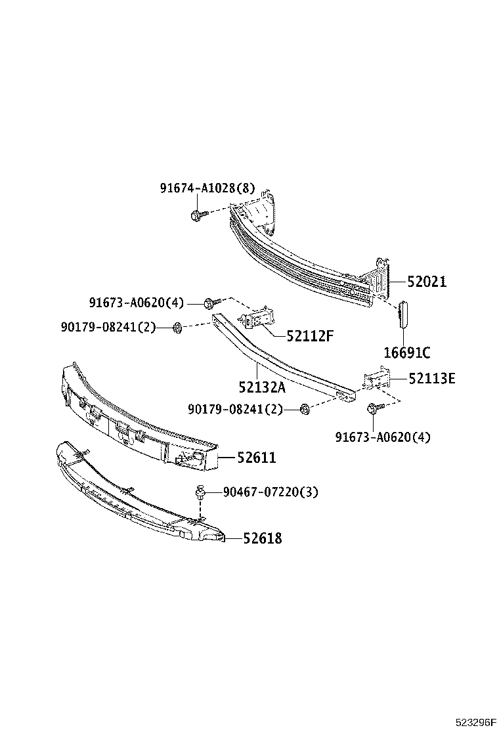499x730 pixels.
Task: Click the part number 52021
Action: pyautogui.click(x=426, y=282)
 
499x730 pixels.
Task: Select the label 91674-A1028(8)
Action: pyautogui.click(x=207, y=188)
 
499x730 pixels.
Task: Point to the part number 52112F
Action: pyautogui.click(x=310, y=336)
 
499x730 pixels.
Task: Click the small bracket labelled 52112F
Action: pyautogui.click(x=257, y=318)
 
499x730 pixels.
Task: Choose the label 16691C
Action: pyautogui.click(x=406, y=353)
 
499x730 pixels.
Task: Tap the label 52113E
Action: pyautogui.click(x=431, y=378)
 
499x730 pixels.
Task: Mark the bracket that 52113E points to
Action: pyautogui.click(x=376, y=381)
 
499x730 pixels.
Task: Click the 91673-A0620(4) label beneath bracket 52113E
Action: pyautogui.click(x=383, y=437)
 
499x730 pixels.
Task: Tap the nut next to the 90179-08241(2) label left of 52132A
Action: pyautogui.click(x=177, y=327)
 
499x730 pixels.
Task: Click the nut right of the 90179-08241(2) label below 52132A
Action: pyautogui.click(x=304, y=410)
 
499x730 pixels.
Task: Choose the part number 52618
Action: pyautogui.click(x=262, y=538)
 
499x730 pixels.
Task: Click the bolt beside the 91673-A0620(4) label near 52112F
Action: pyautogui.click(x=210, y=303)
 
